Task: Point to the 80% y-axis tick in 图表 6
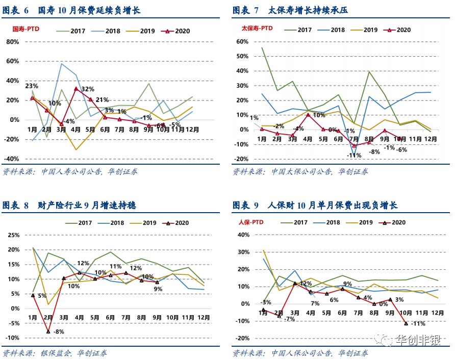point(13,41)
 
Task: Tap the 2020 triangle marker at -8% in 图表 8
point(48,331)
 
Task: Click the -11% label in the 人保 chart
point(418,323)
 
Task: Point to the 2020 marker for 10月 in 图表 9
point(406,323)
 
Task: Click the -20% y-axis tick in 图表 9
point(242,339)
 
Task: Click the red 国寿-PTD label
point(26,29)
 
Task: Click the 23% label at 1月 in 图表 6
point(32,86)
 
